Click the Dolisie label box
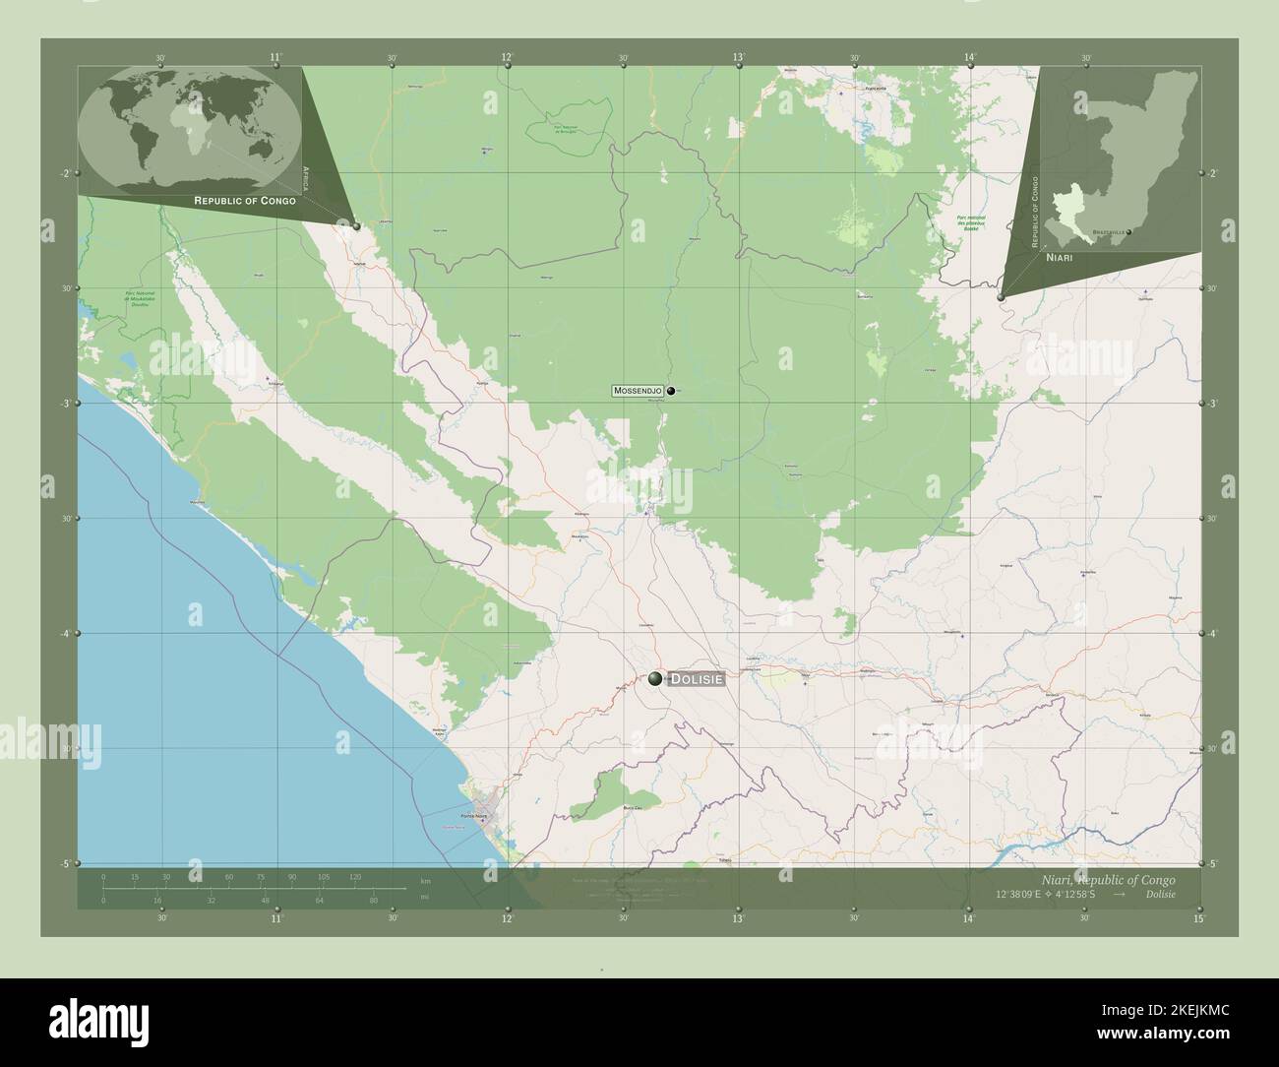click(x=698, y=678)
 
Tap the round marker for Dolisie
click(x=656, y=677)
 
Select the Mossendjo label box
click(x=638, y=391)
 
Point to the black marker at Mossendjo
click(x=671, y=391)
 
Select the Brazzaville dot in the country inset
click(x=1128, y=232)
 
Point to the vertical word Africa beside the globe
click(x=306, y=177)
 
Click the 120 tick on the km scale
click(x=354, y=876)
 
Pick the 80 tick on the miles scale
click(x=373, y=900)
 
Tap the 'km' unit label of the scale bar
click(x=425, y=880)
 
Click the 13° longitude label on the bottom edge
click(x=738, y=918)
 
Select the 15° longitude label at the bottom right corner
click(x=1197, y=918)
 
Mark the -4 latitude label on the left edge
click(x=66, y=633)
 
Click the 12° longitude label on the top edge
click(x=507, y=58)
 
